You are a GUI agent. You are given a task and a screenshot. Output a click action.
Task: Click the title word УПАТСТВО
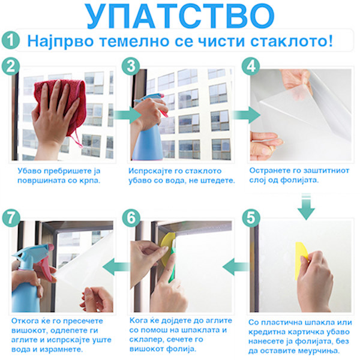(180, 16)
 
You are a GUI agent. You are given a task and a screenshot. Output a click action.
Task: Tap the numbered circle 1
(11, 40)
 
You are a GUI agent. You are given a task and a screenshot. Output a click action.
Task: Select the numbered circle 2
(11, 66)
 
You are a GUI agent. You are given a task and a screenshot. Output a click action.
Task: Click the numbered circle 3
(131, 66)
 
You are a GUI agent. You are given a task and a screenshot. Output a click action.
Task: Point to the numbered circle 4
(251, 66)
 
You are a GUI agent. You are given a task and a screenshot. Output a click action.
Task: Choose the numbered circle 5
(251, 218)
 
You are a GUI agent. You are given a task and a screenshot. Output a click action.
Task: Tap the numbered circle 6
(131, 218)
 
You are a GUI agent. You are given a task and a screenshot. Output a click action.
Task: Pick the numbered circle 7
(11, 218)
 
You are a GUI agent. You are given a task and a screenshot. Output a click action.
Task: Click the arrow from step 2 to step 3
(127, 115)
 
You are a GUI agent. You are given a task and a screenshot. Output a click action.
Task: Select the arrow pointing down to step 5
(306, 206)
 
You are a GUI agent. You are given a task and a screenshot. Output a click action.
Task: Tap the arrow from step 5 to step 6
(236, 266)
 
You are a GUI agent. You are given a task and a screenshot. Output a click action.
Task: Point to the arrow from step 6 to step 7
(116, 266)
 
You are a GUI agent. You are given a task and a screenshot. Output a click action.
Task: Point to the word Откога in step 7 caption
(23, 321)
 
